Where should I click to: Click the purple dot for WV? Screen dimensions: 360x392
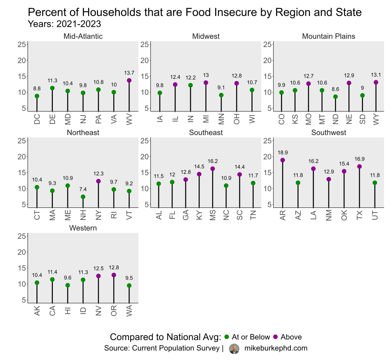[x=129, y=80]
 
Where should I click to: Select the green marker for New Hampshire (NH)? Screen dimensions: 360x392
[x=83, y=197]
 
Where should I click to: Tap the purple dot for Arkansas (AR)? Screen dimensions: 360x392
[x=283, y=160]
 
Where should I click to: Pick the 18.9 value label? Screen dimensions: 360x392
[x=283, y=153]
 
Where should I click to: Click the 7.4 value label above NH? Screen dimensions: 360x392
[x=83, y=189]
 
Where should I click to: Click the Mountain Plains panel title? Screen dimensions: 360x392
[x=328, y=36]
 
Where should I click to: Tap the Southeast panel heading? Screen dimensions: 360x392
[x=206, y=133]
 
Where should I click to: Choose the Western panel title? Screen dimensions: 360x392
[x=83, y=228]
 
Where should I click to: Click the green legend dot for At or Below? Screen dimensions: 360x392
[x=226, y=337]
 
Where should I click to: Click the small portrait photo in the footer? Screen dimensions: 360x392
[x=234, y=349]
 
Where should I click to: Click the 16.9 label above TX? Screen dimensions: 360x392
[x=359, y=159]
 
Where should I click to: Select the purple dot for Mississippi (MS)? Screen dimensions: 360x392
[x=212, y=169]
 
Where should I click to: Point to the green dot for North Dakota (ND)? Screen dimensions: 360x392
[x=335, y=97]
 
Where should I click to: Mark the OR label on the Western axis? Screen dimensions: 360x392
[x=114, y=311]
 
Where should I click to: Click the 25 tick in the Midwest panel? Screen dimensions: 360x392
[x=144, y=44]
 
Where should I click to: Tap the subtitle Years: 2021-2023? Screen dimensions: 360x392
[x=65, y=24]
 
